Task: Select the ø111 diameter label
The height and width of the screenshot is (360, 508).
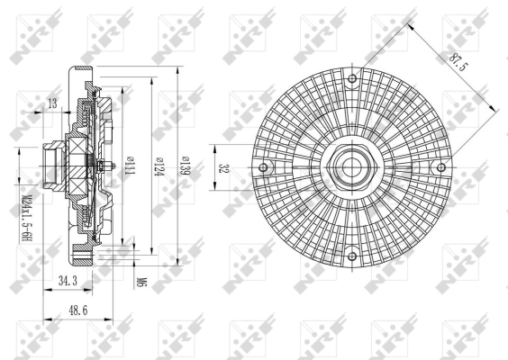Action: (132, 166)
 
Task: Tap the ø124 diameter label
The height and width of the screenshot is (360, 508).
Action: (158, 166)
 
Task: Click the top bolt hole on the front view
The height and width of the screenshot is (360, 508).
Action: (352, 78)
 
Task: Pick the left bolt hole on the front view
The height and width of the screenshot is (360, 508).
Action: (263, 166)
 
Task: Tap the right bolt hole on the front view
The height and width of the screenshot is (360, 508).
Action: (440, 166)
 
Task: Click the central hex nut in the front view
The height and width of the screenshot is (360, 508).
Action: (352, 166)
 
